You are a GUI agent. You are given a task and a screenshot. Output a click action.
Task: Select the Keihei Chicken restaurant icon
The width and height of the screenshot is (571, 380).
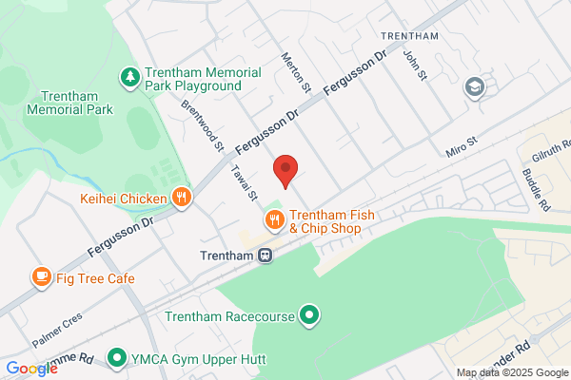pyautogui.click(x=182, y=198)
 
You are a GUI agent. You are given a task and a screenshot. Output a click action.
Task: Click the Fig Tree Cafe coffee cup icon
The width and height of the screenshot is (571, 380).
pyautogui.click(x=41, y=277)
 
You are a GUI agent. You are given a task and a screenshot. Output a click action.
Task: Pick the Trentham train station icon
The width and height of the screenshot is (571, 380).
pyautogui.click(x=266, y=255)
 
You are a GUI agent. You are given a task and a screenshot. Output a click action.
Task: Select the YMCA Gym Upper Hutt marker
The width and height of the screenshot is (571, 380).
pyautogui.click(x=117, y=358)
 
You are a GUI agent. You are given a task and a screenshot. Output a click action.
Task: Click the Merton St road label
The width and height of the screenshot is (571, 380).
pyautogui.click(x=297, y=72)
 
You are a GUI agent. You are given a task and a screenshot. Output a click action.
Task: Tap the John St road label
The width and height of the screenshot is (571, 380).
pyautogui.click(x=413, y=66)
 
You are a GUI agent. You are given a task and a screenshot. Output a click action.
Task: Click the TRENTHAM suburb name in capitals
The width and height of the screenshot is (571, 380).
pyautogui.click(x=409, y=36)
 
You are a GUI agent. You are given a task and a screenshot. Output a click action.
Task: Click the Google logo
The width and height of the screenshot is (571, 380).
pyautogui.click(x=31, y=369)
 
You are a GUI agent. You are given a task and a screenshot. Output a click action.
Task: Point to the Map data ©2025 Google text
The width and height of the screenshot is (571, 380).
pyautogui.click(x=511, y=372)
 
